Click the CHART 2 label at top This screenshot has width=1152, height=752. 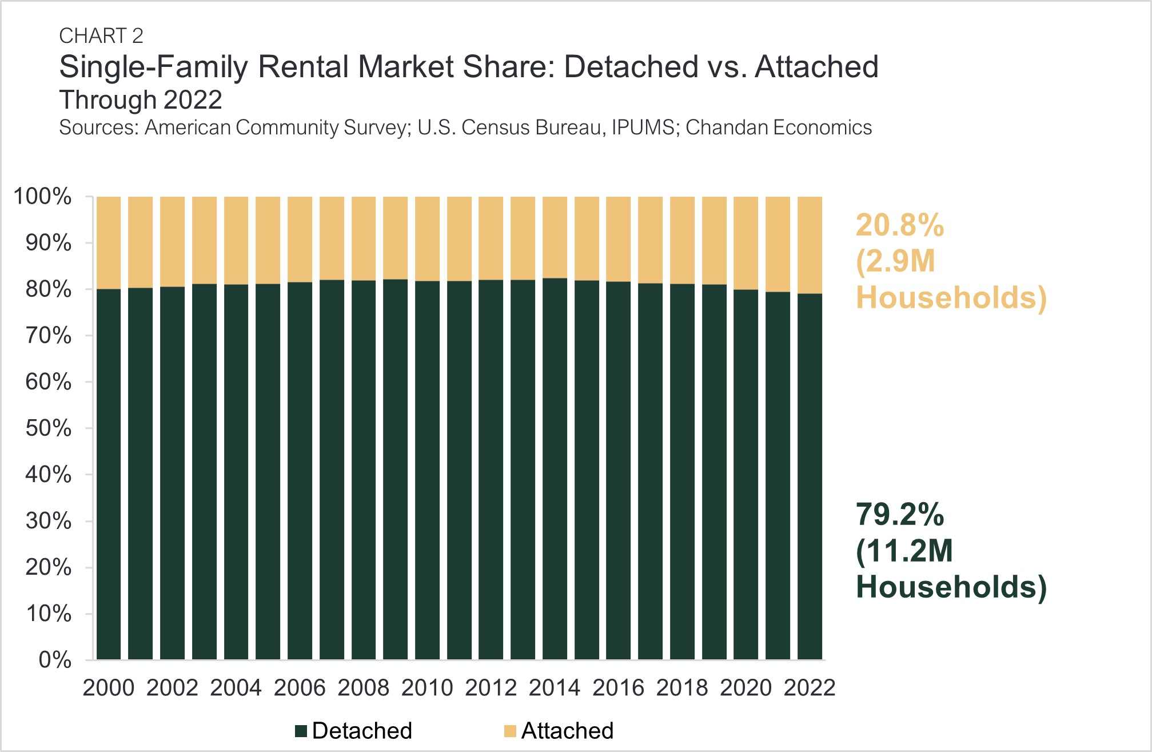pos(101,36)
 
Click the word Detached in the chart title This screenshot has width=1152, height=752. pos(631,67)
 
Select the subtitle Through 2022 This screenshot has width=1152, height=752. pos(141,100)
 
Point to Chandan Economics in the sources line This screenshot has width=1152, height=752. pos(778,128)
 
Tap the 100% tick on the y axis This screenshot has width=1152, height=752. pos(43,197)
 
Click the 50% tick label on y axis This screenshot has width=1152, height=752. pos(49,428)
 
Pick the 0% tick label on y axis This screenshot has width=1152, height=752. pos(55,660)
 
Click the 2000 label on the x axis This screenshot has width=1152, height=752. pos(109,688)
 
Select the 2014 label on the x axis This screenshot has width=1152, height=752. pos(555,688)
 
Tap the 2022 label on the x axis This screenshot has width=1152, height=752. pos(810,688)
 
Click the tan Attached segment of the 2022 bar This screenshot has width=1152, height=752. pos(810,245)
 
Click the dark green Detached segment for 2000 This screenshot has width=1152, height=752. pos(109,475)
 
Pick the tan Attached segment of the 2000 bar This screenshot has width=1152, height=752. pos(109,242)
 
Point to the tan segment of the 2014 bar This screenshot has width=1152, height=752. pos(555,237)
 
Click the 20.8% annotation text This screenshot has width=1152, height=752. pos(899,225)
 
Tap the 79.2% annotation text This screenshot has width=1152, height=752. pos(899,515)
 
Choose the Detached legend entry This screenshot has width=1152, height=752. pos(354,731)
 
